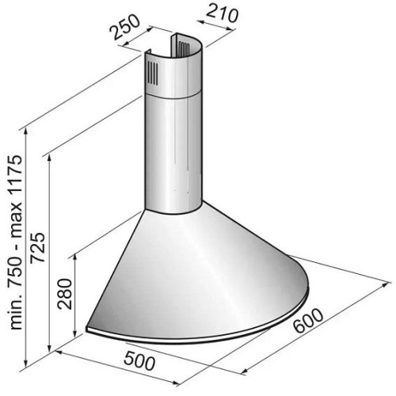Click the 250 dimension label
click(125, 27)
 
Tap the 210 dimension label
click(222, 13)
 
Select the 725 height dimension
click(37, 248)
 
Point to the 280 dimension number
click(65, 293)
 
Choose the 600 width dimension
click(308, 320)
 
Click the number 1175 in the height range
click(15, 176)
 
